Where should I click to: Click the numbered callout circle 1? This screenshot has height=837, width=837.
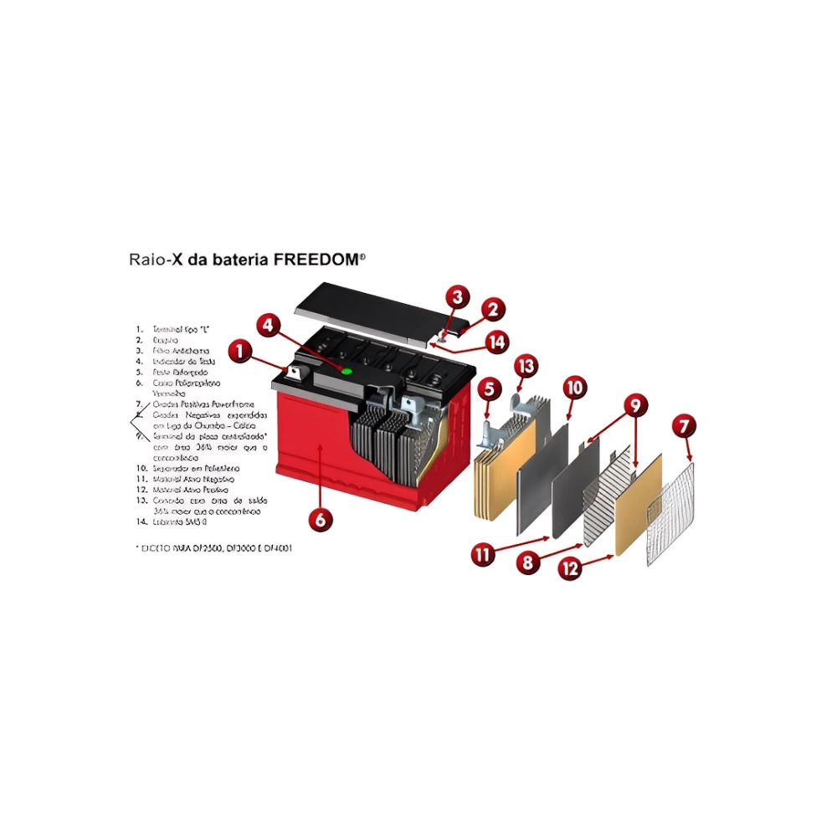click(240, 352)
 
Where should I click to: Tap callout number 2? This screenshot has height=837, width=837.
click(493, 310)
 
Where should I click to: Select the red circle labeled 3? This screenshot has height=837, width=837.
click(456, 297)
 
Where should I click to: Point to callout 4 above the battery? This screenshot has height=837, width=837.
click(268, 325)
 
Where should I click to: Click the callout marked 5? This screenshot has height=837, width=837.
click(490, 388)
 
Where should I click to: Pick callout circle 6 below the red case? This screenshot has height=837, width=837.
click(320, 519)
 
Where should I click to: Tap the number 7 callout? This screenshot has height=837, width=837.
click(685, 427)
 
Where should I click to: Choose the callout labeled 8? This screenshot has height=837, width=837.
click(526, 563)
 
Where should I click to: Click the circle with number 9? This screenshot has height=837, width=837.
click(635, 406)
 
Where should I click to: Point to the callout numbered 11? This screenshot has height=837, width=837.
click(482, 554)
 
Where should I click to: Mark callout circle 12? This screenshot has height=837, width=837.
click(570, 569)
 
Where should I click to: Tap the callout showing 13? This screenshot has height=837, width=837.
click(525, 366)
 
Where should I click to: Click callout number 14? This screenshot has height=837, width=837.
click(496, 341)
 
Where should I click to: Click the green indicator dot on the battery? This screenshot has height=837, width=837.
click(347, 370)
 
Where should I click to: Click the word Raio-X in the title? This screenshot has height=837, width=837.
click(155, 260)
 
